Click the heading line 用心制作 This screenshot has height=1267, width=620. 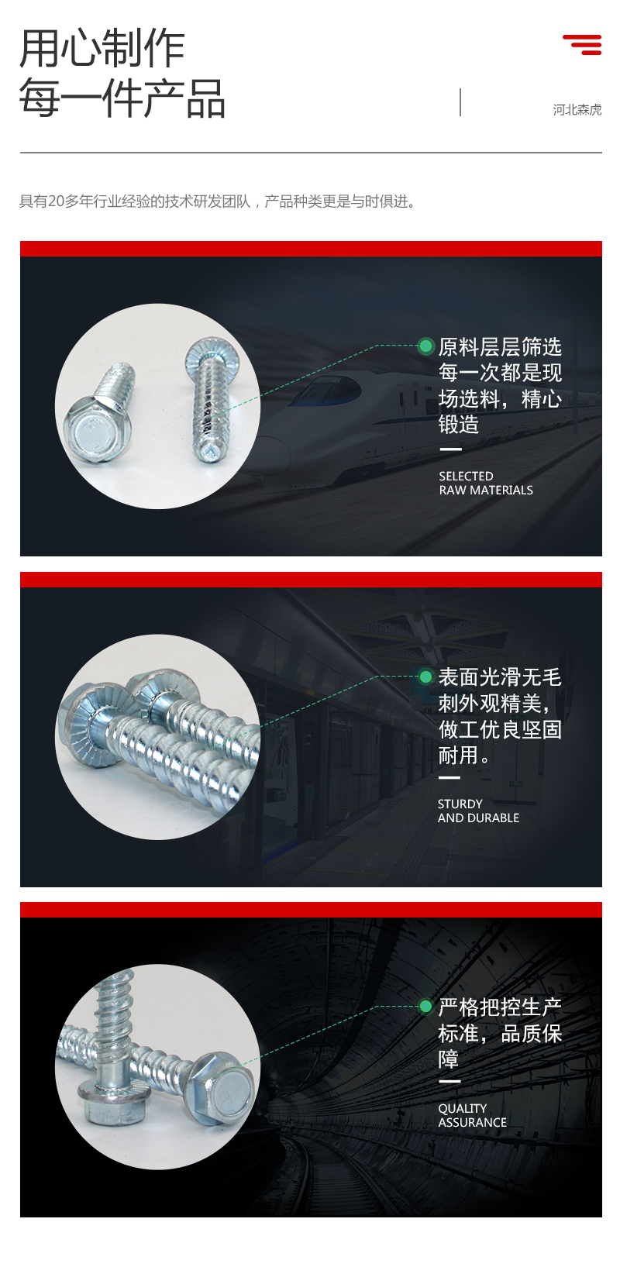(102, 48)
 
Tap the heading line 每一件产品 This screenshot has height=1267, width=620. (122, 98)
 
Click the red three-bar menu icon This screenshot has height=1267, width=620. (582, 45)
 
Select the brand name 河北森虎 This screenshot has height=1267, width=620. (577, 110)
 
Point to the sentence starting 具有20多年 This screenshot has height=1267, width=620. (218, 201)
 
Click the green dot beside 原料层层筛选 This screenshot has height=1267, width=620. (425, 346)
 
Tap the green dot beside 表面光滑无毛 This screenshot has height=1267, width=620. (425, 676)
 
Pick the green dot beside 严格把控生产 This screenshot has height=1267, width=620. (425, 1007)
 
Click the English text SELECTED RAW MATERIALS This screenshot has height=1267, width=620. (486, 484)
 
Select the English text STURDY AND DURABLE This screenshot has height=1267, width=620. (479, 811)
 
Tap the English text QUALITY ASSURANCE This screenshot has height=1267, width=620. (472, 1115)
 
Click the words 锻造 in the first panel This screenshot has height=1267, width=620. (459, 424)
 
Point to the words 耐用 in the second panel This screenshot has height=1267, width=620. (459, 755)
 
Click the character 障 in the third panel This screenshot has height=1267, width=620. (449, 1059)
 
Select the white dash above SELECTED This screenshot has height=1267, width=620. (450, 449)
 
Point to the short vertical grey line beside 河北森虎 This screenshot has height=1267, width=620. (460, 102)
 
